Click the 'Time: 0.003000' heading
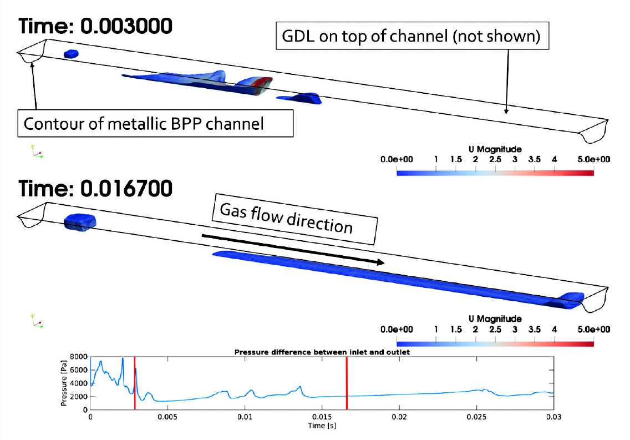[x=95, y=27]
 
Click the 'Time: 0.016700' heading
[x=95, y=189]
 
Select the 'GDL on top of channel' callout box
[x=412, y=36]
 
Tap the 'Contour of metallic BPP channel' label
[x=155, y=123]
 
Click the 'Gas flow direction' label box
[x=295, y=219]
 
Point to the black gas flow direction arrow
[x=293, y=250]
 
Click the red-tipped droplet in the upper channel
[x=255, y=85]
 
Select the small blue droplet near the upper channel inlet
[x=71, y=54]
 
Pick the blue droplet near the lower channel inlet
[x=80, y=222]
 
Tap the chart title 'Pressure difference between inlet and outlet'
[x=322, y=352]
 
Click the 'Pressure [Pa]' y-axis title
[x=63, y=383]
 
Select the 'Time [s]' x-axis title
[x=322, y=426]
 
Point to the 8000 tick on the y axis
[x=79, y=357]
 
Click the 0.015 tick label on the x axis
[x=322, y=417]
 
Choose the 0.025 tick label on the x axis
[x=476, y=417]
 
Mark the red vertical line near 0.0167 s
[x=347, y=383]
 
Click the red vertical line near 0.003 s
[x=135, y=383]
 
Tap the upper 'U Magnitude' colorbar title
[x=495, y=149]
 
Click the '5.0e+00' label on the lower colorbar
[x=593, y=330]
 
